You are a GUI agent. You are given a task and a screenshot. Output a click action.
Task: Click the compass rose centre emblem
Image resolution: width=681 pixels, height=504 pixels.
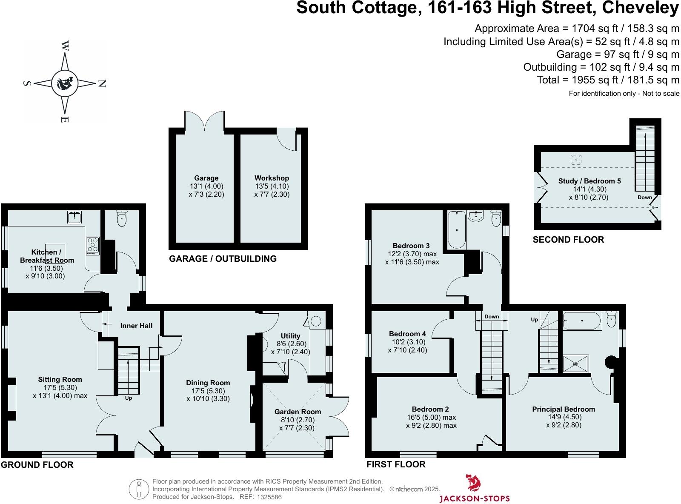[x=64, y=83]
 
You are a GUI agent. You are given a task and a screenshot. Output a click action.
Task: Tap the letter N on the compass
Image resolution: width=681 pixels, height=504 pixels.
[x=101, y=83]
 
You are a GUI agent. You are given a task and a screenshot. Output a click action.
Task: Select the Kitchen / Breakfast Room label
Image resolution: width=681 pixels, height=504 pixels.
[x=47, y=256]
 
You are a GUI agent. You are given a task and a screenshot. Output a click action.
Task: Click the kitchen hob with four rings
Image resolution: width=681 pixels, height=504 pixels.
[x=92, y=246]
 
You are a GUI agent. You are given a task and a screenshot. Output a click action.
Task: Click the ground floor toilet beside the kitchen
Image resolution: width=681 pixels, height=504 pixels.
[x=122, y=218]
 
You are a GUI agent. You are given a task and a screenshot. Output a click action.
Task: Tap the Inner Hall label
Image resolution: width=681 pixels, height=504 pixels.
[x=136, y=326]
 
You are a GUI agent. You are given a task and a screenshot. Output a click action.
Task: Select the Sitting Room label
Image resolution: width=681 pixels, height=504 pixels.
[x=60, y=379]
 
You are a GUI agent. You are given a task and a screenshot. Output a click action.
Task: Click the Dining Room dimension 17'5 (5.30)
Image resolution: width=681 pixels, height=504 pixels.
[x=208, y=391]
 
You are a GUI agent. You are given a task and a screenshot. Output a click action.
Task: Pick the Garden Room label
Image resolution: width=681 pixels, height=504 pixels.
[x=298, y=412]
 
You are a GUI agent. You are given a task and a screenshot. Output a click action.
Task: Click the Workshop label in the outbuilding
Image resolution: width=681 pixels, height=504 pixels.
[x=272, y=178]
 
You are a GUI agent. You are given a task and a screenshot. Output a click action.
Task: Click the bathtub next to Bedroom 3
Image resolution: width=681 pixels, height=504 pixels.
[x=457, y=230]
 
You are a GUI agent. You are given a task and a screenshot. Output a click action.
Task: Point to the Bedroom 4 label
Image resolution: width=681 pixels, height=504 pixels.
[x=407, y=334]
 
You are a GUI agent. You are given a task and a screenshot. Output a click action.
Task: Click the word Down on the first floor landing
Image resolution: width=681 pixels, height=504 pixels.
[x=492, y=316]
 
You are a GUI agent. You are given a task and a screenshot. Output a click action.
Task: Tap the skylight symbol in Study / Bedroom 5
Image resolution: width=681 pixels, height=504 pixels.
[x=575, y=159]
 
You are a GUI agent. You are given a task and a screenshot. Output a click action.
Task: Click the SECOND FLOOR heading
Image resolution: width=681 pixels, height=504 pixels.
[x=568, y=240]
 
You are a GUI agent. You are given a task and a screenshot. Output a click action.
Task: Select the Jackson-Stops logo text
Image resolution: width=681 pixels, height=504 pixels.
[x=474, y=498]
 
